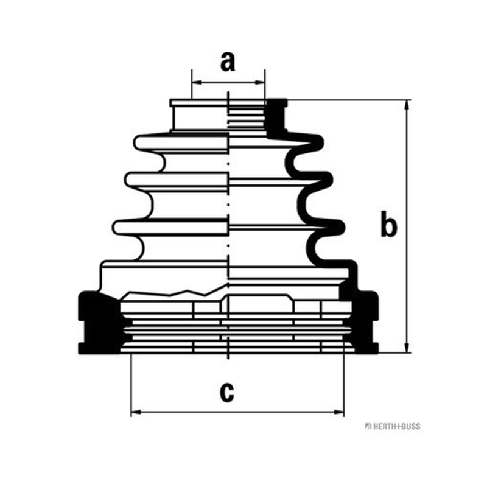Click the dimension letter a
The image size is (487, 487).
(228, 62)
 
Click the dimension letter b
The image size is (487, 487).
(388, 224)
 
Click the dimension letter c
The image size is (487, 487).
(226, 393)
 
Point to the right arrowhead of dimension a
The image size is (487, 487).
(261, 83)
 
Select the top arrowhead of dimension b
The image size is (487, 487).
(407, 105)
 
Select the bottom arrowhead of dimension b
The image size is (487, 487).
(407, 348)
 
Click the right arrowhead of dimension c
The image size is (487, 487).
(339, 412)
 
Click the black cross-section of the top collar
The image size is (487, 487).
(276, 117)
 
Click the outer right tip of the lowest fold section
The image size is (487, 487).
(343, 227)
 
